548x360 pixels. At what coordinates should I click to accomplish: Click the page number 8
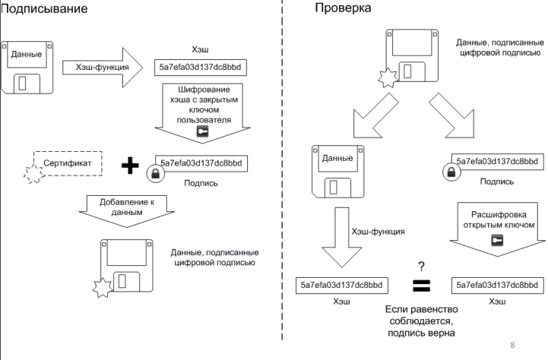512,344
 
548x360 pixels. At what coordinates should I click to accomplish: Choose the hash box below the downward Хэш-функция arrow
341,286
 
